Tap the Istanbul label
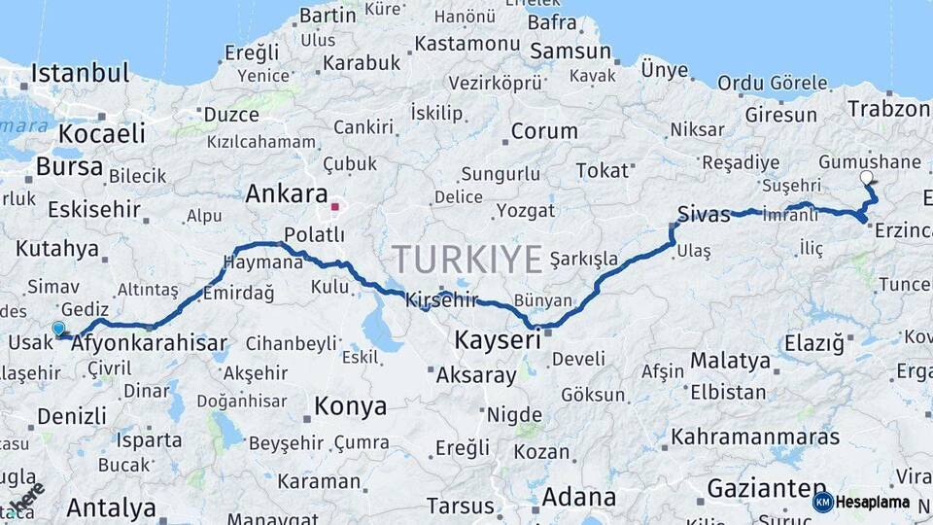point(79,73)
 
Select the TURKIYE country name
point(466,261)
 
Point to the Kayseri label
point(498,340)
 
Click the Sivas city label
point(704,215)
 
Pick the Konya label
point(350,405)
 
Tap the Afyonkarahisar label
point(150,343)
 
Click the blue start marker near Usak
point(58,330)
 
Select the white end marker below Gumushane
point(867,178)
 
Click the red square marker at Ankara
point(335,206)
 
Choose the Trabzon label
point(888,109)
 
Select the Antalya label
point(112,507)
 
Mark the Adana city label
point(578,498)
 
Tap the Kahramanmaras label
point(754,436)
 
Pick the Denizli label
point(72,417)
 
